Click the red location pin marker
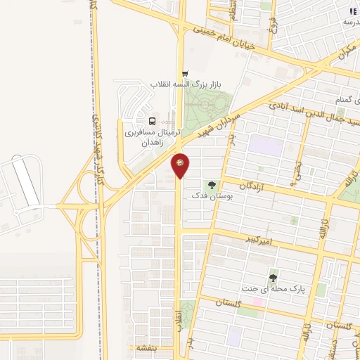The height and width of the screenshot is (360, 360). click(181, 165)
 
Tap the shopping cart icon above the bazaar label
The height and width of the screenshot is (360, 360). click(185, 73)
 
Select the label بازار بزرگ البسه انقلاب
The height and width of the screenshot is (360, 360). click(184, 84)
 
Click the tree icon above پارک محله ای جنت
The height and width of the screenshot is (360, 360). click(273, 278)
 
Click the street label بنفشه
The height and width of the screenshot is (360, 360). click(149, 347)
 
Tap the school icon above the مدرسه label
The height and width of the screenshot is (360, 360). click(352, 12)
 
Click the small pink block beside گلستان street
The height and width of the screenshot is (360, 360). click(257, 302)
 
